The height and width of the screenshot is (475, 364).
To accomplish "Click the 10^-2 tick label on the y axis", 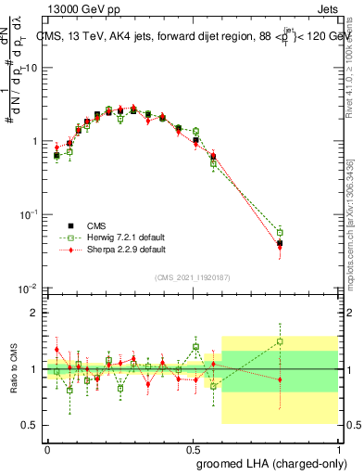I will (31, 289).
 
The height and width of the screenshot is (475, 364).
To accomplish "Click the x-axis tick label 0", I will (47, 447).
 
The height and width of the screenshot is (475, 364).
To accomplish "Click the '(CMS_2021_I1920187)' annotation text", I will (193, 276).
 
